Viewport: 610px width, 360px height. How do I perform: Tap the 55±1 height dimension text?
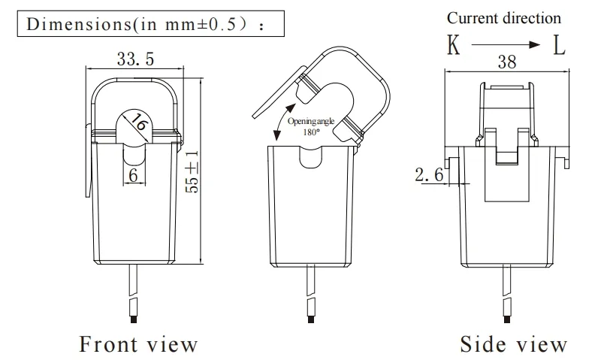coord(192,172)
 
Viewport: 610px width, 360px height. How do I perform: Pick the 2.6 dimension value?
coord(430,175)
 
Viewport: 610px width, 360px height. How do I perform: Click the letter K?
coord(454,45)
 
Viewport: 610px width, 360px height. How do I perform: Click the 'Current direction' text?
coord(503,17)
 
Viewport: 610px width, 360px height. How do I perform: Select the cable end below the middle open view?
coord(310,319)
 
